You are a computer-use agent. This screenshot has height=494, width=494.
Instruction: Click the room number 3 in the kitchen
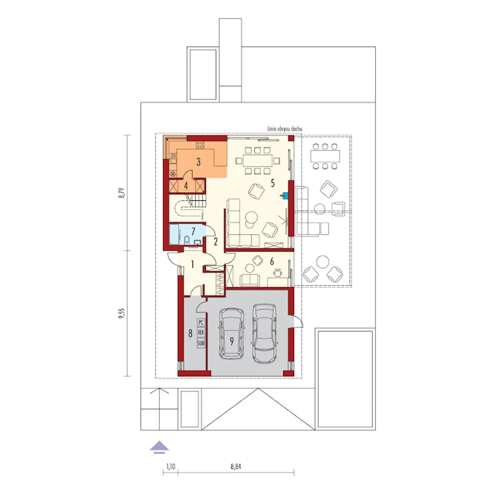pos(198,162)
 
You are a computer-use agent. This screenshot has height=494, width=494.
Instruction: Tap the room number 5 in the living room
pos(272,183)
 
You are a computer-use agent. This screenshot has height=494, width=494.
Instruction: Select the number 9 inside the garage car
pos(232,341)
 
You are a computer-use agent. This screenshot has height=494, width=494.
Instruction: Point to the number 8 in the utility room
pos(190,334)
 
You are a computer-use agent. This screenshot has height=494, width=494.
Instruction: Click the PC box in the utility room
pos(201,322)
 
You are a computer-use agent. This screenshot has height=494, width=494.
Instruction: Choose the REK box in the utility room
pos(201,333)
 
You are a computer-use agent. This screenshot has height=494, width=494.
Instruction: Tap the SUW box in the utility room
pos(201,343)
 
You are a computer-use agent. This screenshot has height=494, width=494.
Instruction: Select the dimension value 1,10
pos(171,466)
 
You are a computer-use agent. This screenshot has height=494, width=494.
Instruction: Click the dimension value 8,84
pos(236,466)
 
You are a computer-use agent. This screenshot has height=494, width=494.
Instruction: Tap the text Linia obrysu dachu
pos(284,129)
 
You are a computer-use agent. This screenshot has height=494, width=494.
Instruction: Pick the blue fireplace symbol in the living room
pos(284,196)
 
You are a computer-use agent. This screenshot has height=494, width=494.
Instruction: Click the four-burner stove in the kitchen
pos(200,145)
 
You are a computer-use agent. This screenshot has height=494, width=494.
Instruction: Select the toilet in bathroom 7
pos(187,240)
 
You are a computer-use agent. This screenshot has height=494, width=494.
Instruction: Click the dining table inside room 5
pos(257,161)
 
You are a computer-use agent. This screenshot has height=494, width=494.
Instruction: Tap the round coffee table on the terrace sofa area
pos(320,209)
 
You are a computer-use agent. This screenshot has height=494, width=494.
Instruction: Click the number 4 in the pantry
pos(186,186)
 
